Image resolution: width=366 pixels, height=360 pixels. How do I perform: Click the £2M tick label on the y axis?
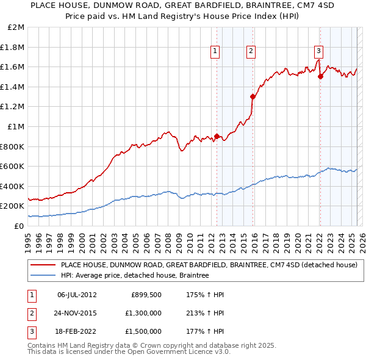pos(16,27)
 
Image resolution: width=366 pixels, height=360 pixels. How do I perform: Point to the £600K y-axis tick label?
pos(13,166)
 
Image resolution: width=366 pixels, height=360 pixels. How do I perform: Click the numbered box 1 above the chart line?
pos(216,51)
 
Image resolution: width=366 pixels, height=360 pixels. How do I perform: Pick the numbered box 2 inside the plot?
pos(251,51)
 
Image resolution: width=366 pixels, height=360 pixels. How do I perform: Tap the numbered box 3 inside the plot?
pos(319,51)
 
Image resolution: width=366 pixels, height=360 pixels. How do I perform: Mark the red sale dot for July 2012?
pos(217,137)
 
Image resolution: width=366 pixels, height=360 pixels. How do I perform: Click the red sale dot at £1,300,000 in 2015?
pos(253,96)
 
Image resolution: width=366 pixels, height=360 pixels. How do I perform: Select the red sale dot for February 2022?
pos(320,76)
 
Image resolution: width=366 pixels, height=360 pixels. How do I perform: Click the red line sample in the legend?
pos(43,265)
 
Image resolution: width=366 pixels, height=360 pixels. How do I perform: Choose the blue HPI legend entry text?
pos(135,276)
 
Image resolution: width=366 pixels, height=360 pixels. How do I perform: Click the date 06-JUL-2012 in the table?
pos(77,295)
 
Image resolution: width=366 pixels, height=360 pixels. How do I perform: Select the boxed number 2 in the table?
pos(30,313)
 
